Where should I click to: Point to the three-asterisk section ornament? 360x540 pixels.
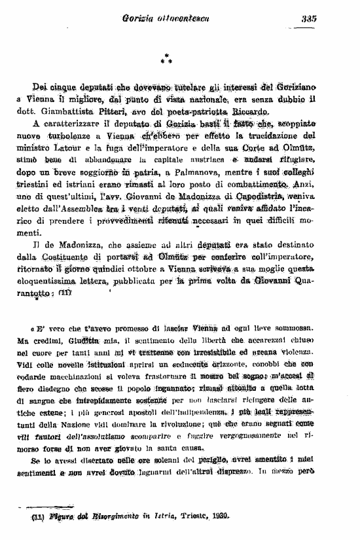click(168, 59)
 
